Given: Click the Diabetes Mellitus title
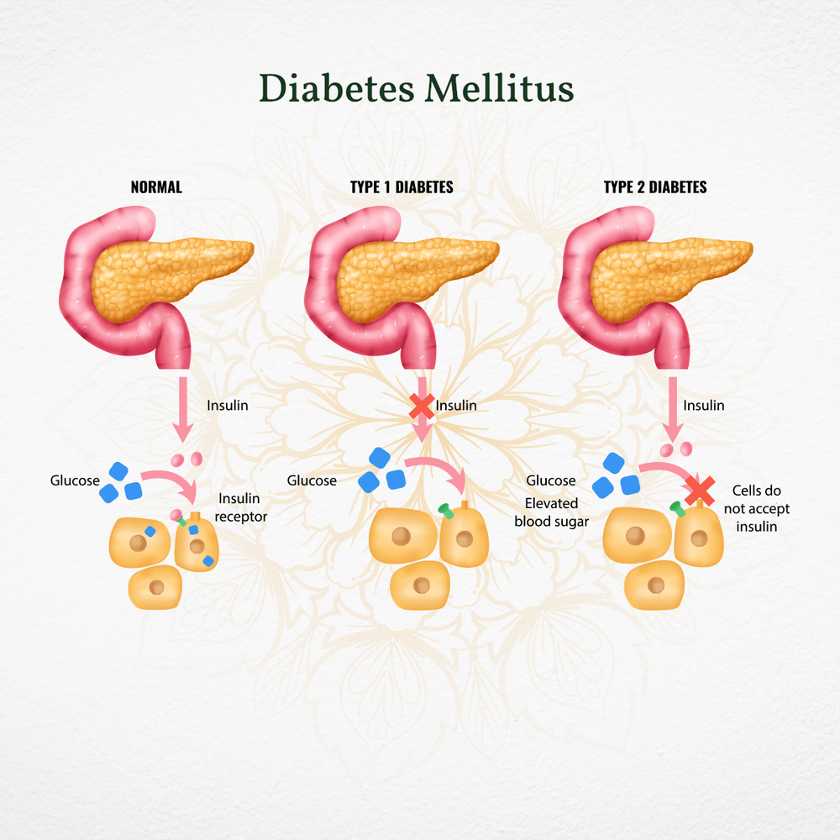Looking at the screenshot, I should coord(416,87).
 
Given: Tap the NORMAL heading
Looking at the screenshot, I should coord(155,187).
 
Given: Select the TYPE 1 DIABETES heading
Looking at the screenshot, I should coord(402,187).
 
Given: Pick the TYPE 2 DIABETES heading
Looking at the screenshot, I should coord(655,187).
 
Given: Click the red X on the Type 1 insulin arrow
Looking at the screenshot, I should coord(422,407).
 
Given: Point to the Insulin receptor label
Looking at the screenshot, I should coord(241,507).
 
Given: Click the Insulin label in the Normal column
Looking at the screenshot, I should coord(228,406).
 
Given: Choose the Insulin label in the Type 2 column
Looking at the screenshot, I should coord(703,406).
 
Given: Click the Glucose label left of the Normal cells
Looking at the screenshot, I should coord(75,480).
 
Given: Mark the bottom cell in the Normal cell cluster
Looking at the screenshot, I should coord(155,585).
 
